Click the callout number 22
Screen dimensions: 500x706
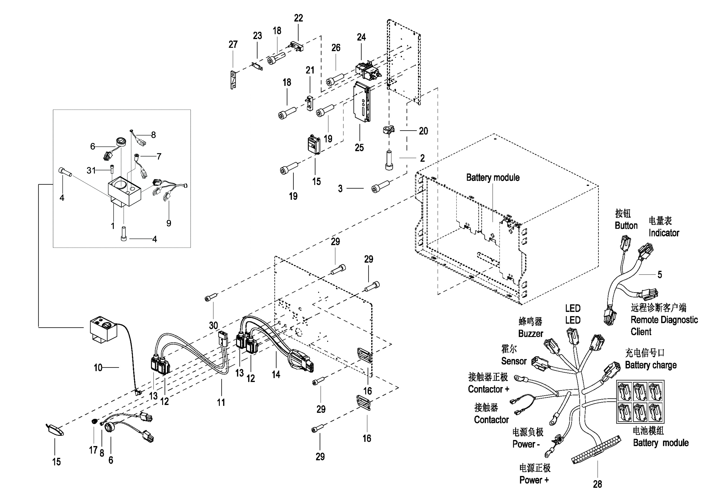coord(298,18)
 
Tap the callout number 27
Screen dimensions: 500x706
coord(233,45)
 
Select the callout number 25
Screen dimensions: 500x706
coord(359,148)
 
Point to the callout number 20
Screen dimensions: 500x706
coord(423,131)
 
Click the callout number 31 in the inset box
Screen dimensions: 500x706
coord(91,170)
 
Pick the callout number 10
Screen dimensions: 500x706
coord(98,368)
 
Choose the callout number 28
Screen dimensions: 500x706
coord(597,484)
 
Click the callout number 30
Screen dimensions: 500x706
coord(213,325)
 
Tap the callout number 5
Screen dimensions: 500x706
coord(660,275)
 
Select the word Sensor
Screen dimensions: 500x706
coord(514,361)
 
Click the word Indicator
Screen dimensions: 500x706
coord(664,233)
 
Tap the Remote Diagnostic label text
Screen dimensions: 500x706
coord(664,320)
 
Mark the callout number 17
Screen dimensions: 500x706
coord(93,450)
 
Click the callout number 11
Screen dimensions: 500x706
coord(221,402)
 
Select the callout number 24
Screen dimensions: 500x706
coord(361,37)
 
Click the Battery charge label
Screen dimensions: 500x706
coord(651,365)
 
